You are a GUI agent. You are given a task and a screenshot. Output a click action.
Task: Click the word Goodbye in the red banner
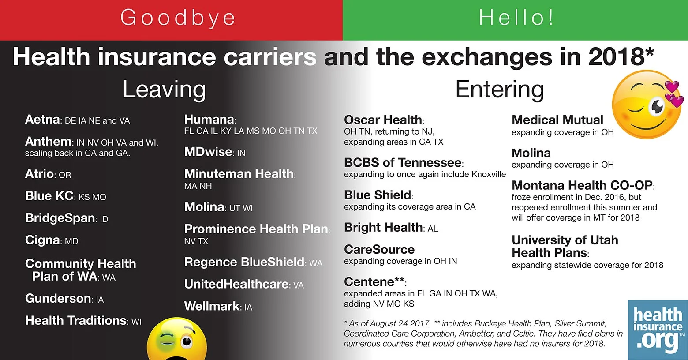[177, 18]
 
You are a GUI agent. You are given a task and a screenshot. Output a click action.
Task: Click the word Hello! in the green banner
[516, 18]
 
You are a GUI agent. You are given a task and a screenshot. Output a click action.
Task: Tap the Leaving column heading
[164, 90]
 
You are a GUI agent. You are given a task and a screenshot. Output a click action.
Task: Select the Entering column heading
[499, 90]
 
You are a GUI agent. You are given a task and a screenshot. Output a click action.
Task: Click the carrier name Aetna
[42, 120]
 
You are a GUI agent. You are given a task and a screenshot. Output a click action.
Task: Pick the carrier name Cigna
[43, 240]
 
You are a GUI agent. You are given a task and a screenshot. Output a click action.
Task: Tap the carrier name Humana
[209, 120]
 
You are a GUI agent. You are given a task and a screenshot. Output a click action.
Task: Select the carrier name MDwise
[208, 152]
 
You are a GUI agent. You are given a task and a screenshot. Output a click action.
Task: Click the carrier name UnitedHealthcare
[236, 284]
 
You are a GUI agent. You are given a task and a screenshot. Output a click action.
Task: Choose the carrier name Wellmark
[212, 306]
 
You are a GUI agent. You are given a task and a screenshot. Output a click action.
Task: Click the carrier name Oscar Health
[383, 120]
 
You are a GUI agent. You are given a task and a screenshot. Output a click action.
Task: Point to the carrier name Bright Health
[383, 228]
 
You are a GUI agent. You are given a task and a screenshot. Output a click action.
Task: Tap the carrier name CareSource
[379, 250]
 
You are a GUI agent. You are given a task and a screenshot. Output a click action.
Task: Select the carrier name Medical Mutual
[557, 120]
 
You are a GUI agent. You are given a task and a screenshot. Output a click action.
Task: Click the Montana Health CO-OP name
[582, 185]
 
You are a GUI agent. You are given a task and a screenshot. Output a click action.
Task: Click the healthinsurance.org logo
[658, 330]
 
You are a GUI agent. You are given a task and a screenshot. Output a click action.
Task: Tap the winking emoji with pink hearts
[647, 104]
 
